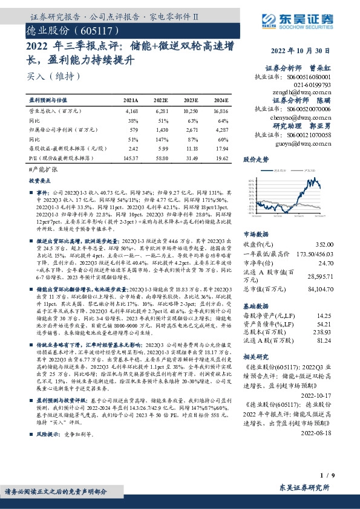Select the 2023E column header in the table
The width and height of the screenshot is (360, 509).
(191, 100)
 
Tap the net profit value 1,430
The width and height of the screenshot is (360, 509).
(162, 130)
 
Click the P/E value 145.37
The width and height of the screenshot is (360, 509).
(131, 157)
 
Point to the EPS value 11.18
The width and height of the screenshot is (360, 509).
(191, 148)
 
